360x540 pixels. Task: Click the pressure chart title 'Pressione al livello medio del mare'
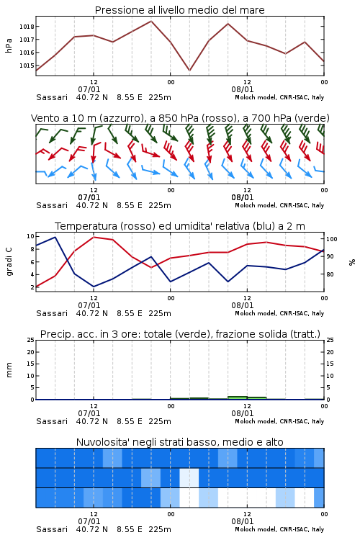point(179,10)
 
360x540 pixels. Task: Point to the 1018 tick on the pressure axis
point(27,27)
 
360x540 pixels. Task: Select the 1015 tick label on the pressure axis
point(27,66)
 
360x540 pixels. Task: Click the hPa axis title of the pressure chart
point(9,45)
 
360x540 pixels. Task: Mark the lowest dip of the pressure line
point(189,71)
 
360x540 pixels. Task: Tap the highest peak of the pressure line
point(151,21)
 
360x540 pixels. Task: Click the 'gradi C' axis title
point(9,261)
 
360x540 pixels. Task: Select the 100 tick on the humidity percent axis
point(332,239)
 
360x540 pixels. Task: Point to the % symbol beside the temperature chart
point(352,262)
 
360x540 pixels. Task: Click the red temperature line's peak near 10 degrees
point(94,237)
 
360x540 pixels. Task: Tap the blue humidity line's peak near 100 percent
point(55,237)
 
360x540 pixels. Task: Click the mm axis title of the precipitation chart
point(9,370)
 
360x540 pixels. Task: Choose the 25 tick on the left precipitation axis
point(31,340)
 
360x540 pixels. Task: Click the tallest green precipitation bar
point(238,397)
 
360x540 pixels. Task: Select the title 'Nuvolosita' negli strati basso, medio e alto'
point(179,442)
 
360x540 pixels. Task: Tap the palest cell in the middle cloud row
point(189,477)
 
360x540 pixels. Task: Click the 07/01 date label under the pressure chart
point(89,89)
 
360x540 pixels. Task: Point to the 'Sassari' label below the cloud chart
point(52,529)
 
